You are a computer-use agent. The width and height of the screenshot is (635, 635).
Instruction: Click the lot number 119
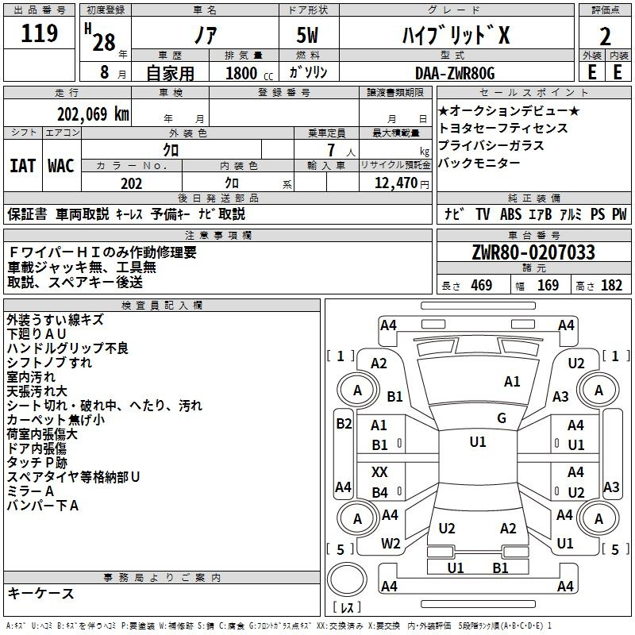(x=39, y=33)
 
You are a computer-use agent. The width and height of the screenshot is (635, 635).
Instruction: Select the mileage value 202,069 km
(x=93, y=114)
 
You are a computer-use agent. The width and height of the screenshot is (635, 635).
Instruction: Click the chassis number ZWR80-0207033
(x=533, y=252)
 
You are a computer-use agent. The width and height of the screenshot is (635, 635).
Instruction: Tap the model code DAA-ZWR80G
(x=455, y=73)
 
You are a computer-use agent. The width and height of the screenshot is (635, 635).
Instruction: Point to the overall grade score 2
(x=605, y=37)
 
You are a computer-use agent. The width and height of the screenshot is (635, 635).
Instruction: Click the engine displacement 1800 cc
(x=249, y=73)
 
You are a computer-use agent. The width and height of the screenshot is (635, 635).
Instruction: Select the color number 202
(x=131, y=183)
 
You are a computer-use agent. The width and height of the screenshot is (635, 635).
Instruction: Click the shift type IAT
(x=22, y=166)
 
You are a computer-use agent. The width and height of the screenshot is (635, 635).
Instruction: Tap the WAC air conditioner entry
(x=61, y=166)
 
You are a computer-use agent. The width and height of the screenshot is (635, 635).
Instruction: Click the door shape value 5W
(x=307, y=35)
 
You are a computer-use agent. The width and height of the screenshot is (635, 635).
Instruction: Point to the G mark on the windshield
(x=502, y=418)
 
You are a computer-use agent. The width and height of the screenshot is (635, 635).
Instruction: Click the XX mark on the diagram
(x=379, y=471)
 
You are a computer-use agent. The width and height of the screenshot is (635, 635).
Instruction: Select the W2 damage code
(x=391, y=544)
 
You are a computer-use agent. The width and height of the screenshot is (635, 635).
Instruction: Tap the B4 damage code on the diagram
(x=380, y=492)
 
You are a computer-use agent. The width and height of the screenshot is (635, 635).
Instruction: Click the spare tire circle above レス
(x=347, y=579)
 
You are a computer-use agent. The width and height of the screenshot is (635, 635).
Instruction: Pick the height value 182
(x=611, y=285)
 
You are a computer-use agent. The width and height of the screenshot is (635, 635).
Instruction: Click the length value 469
(x=482, y=285)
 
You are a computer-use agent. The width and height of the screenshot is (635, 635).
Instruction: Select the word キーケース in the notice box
(x=41, y=594)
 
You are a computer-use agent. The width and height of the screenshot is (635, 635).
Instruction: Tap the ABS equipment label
(x=510, y=214)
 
